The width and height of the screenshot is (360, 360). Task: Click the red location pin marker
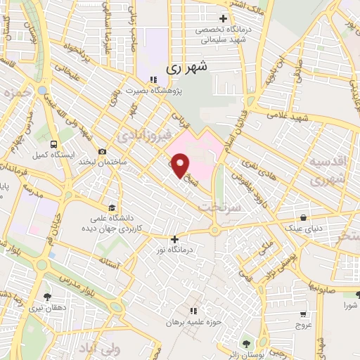pos(181,165)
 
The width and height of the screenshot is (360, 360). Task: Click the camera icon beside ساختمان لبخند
pos(103,151)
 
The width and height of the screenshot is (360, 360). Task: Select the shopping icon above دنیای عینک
pos(303,217)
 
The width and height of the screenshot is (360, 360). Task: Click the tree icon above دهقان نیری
pos(47,297)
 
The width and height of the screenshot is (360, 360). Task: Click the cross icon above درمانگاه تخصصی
pos(224,18)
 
